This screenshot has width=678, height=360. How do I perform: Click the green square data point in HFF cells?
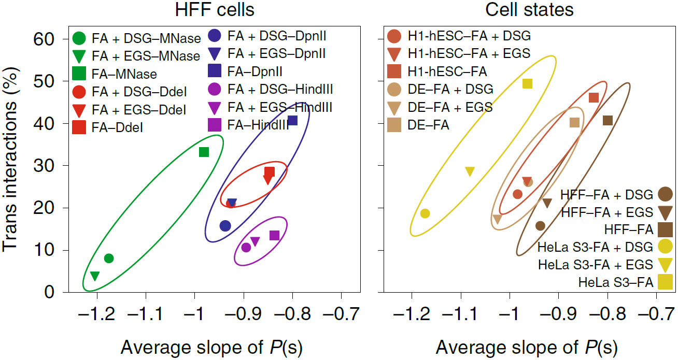[204, 152]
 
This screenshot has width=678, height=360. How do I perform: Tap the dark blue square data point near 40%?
[292, 121]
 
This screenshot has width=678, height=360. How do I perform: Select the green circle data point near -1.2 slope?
[109, 258]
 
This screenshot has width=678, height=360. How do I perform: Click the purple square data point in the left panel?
[275, 236]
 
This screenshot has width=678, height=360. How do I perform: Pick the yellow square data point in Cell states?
[527, 83]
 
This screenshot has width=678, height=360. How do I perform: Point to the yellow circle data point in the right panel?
[425, 213]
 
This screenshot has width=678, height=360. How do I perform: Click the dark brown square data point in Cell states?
[608, 121]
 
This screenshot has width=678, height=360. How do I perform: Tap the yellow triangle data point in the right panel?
[470, 171]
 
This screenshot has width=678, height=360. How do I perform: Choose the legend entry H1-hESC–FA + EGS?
[469, 53]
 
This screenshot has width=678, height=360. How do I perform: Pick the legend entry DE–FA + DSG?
[450, 89]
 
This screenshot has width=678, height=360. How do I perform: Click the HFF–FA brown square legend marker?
[665, 229]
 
